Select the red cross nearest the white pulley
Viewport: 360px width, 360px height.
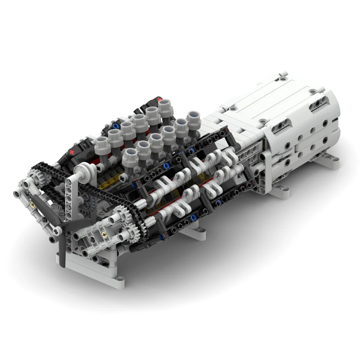tap(71, 152)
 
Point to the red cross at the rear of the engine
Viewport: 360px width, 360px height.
tap(160, 99)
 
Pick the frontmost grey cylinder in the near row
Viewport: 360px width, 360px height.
tap(130, 159)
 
